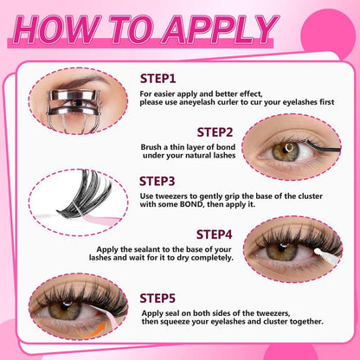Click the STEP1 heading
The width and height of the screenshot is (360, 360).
pyautogui.click(x=157, y=78)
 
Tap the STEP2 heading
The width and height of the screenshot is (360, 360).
pyautogui.click(x=215, y=132)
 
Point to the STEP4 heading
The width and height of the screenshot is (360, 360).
pyautogui.click(x=215, y=234)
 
